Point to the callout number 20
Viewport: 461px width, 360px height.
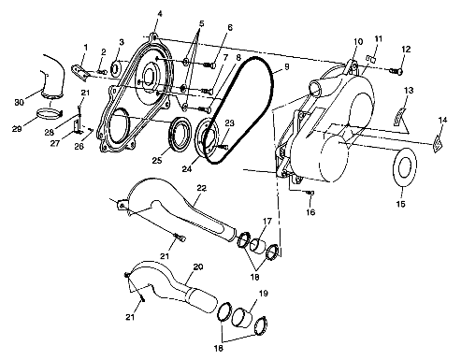point(197,266)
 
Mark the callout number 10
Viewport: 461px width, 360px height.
point(356,42)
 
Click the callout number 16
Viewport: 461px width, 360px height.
point(311,212)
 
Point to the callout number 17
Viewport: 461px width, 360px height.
point(268,221)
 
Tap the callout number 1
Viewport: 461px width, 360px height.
point(85,46)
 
